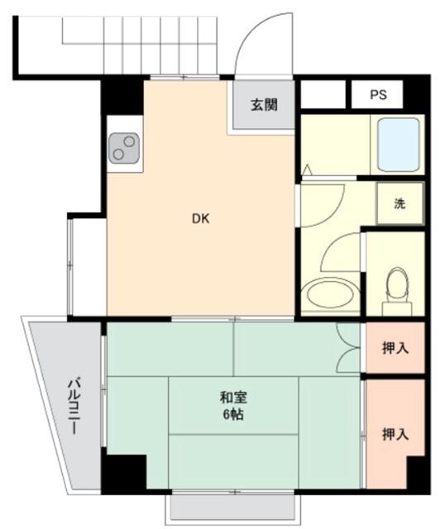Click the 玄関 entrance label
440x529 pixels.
(x=264, y=105)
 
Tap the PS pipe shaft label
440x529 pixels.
(x=378, y=94)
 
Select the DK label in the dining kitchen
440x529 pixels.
(x=201, y=219)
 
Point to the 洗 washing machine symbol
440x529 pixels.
(x=400, y=203)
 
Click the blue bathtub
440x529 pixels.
(x=399, y=145)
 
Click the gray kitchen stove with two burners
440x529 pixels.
(x=124, y=148)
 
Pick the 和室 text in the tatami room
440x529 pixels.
(x=233, y=398)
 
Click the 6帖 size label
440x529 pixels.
(x=233, y=414)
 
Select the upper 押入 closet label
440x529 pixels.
(x=395, y=347)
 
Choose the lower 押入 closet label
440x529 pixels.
(x=395, y=434)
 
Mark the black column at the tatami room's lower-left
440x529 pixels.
(x=123, y=474)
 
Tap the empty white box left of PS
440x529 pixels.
(x=323, y=94)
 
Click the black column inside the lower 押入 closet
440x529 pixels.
(x=418, y=474)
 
